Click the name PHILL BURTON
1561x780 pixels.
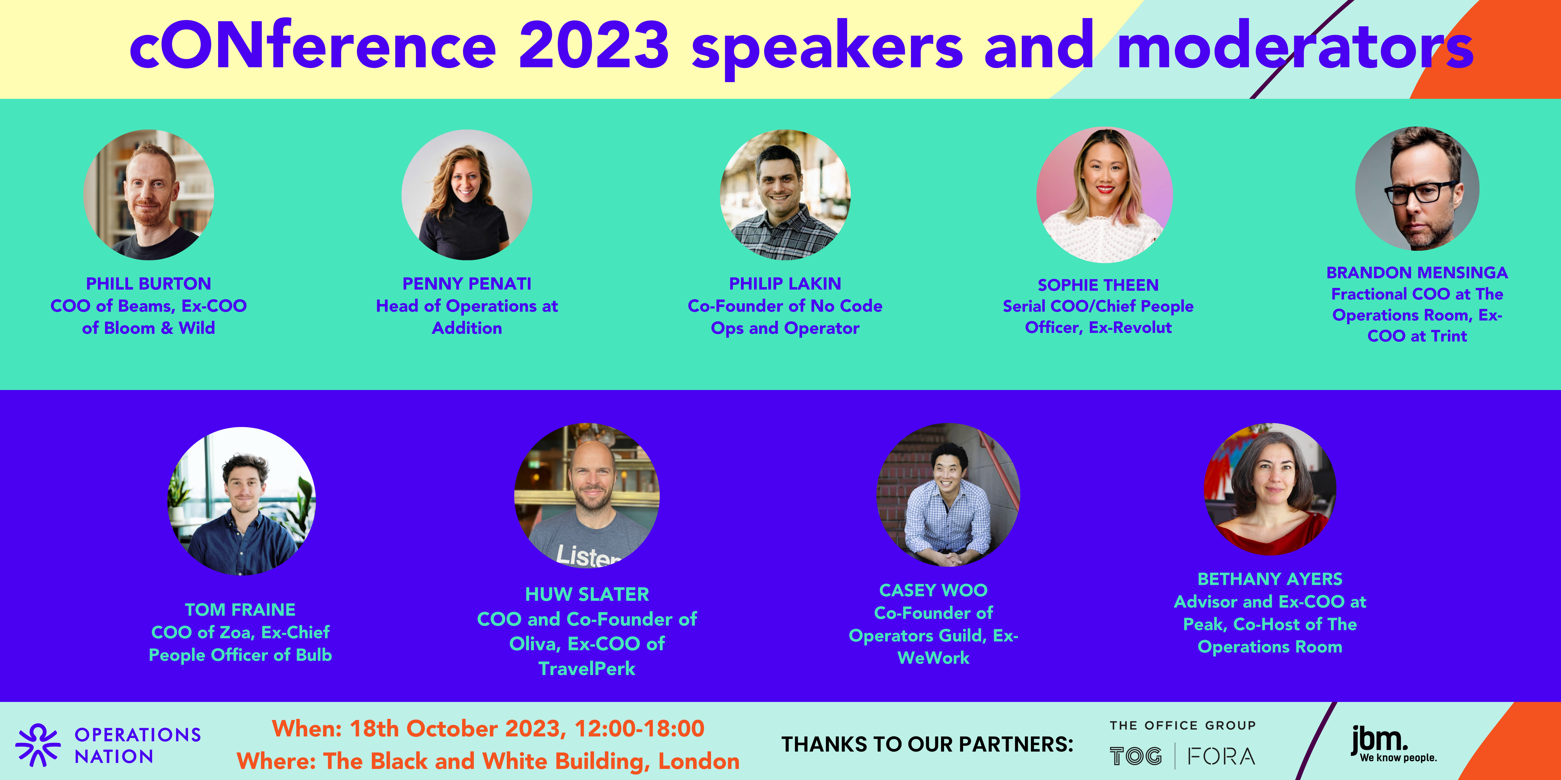(x=148, y=283)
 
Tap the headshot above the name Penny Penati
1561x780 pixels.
(x=467, y=195)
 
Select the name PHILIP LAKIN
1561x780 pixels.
(x=785, y=283)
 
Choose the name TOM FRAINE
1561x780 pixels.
(x=240, y=609)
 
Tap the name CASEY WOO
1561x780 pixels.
(x=933, y=590)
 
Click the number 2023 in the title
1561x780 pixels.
(x=594, y=45)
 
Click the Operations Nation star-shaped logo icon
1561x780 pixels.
(x=37, y=745)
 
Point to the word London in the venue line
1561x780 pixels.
(x=699, y=761)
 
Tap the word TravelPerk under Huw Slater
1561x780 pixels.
(x=587, y=669)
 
